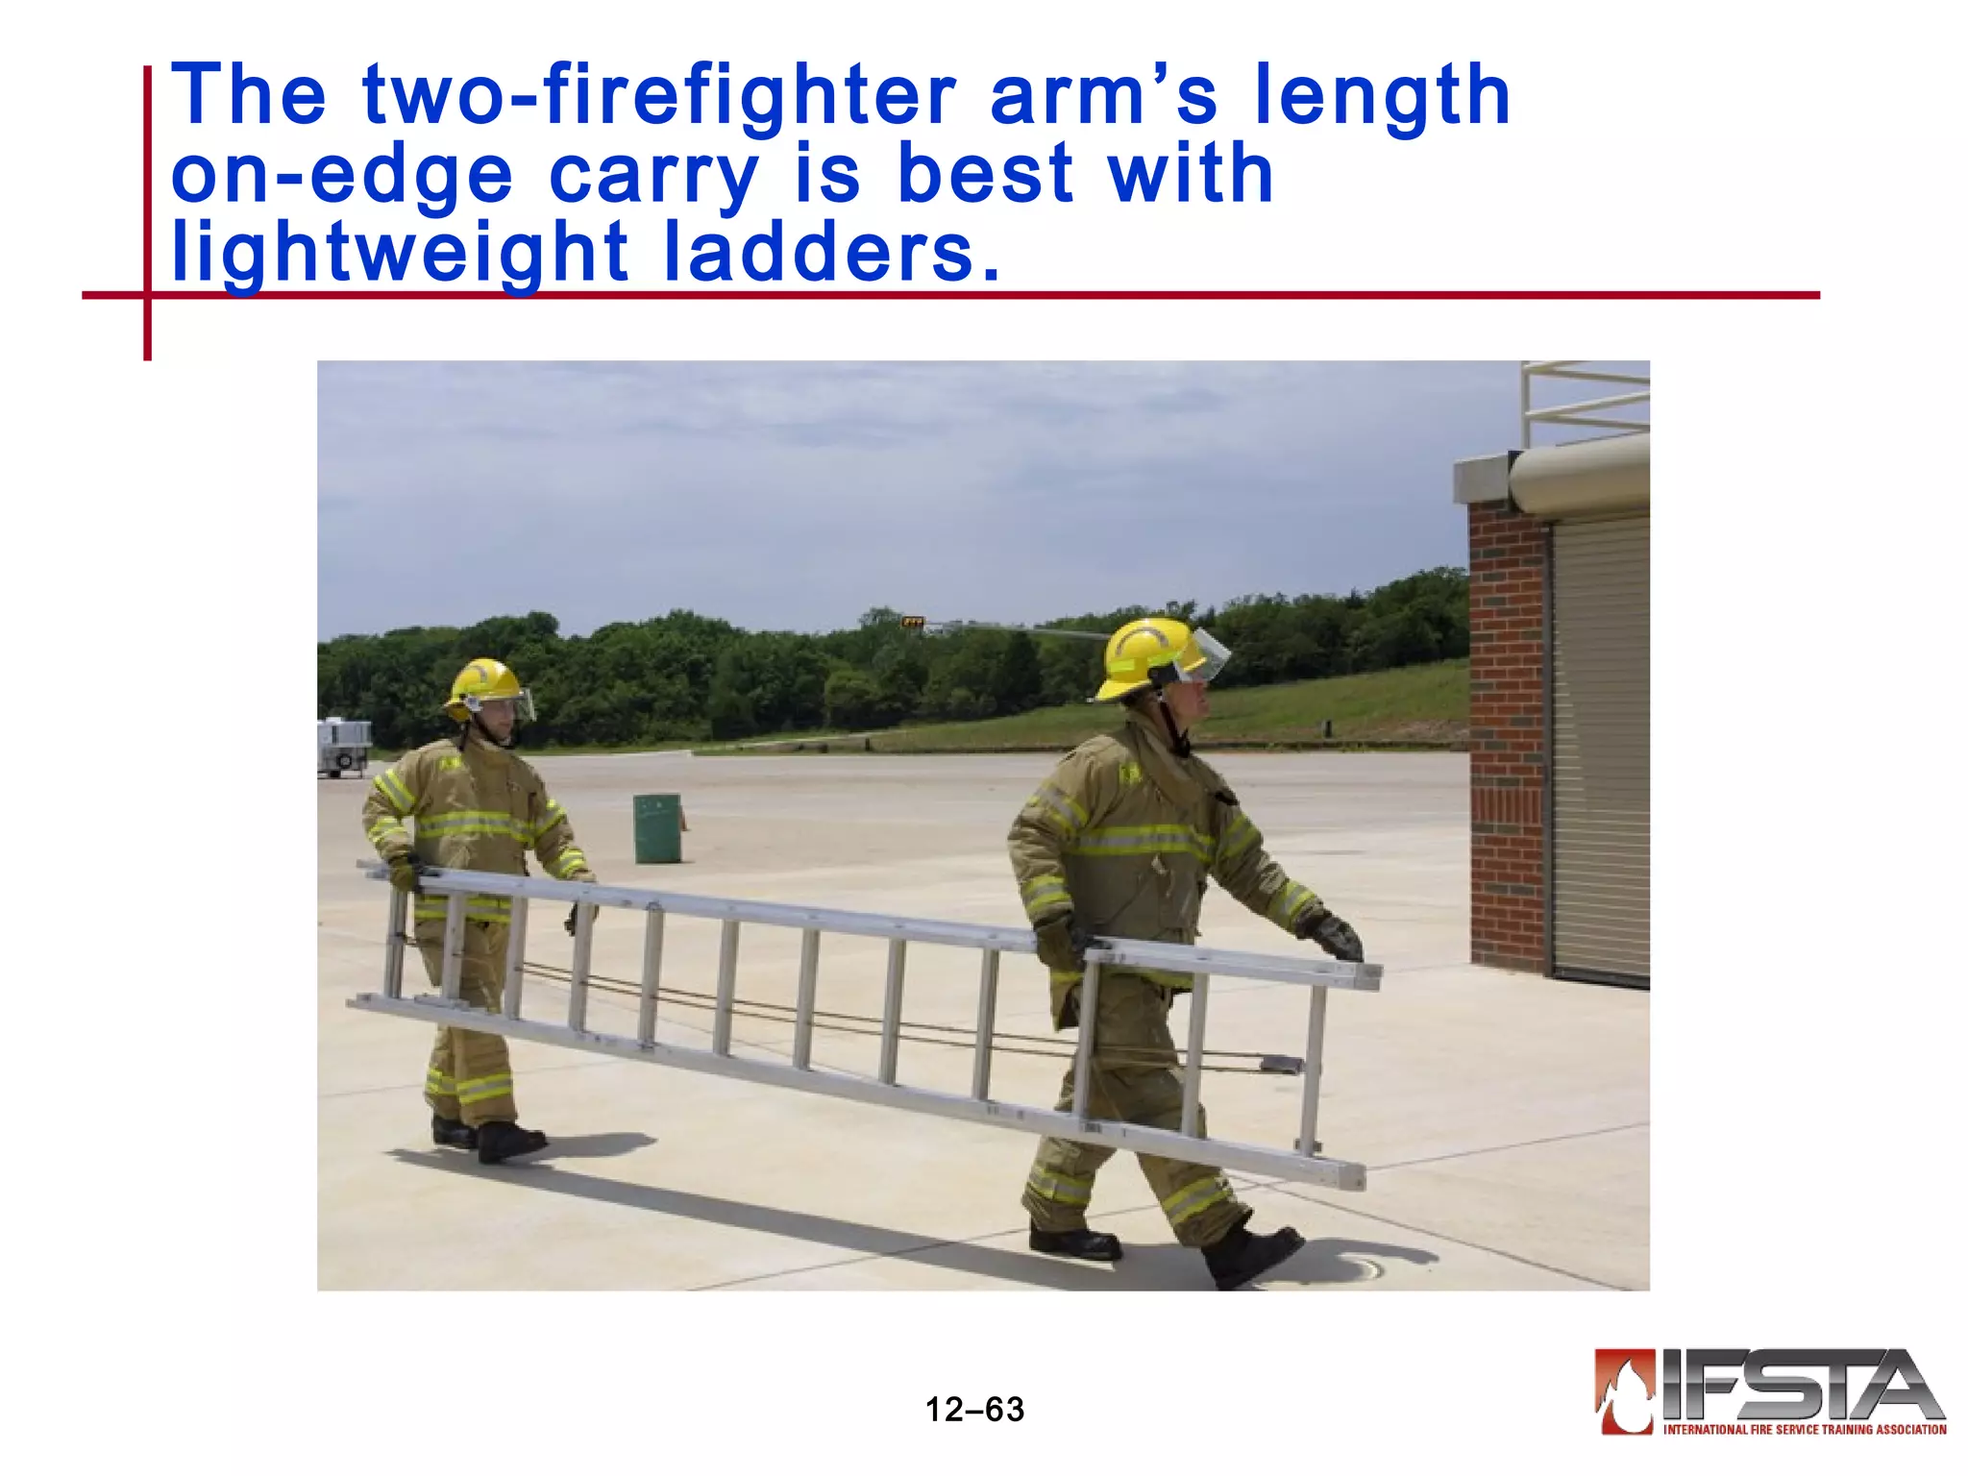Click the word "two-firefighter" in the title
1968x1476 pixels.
[659, 95]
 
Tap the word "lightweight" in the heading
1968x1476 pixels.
[400, 253]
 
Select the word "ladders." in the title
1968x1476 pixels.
[832, 252]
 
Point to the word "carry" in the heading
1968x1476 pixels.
[654, 175]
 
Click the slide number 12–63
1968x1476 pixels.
[974, 1410]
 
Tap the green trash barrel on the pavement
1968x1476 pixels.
[657, 827]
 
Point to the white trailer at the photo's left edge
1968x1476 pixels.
[342, 745]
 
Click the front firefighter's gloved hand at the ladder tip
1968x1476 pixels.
[1337, 937]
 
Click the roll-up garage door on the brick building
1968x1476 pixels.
[1599, 750]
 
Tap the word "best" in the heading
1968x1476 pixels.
[984, 175]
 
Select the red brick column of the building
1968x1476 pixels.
[1507, 730]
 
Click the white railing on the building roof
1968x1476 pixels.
[1586, 399]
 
